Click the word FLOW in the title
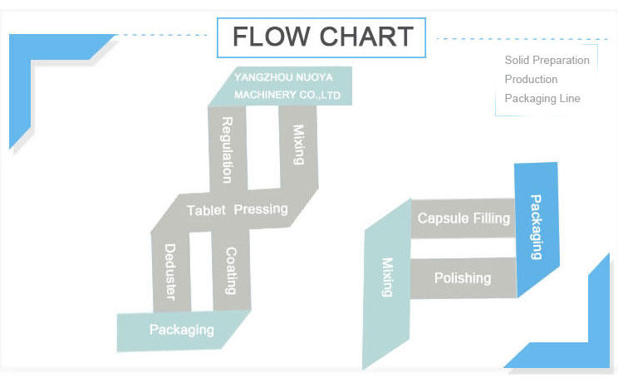click(271, 37)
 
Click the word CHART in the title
click(366, 37)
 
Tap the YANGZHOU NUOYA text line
click(283, 77)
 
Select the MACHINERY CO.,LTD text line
click(287, 95)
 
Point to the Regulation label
click(227, 150)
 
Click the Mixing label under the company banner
click(298, 145)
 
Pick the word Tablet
click(206, 210)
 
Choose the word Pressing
click(261, 209)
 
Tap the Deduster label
click(169, 272)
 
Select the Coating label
click(231, 271)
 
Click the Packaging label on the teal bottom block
click(182, 330)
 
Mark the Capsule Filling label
click(464, 219)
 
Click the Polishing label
click(463, 278)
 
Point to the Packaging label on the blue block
click(536, 227)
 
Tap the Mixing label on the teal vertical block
click(387, 277)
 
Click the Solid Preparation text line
click(547, 61)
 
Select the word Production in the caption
click(531, 79)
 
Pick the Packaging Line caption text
click(542, 98)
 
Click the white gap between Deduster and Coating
click(202, 271)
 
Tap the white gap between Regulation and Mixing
click(263, 147)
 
